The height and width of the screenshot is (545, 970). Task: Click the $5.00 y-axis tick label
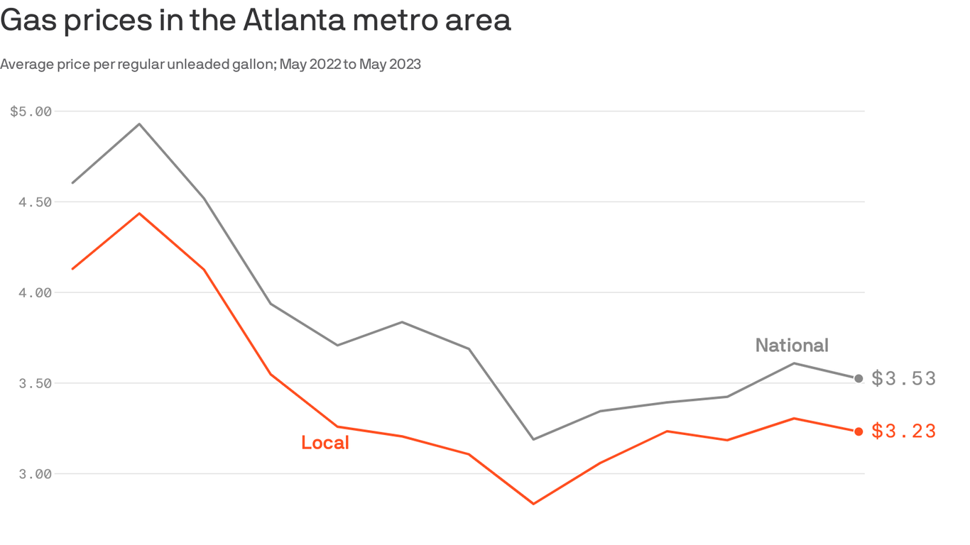(x=31, y=111)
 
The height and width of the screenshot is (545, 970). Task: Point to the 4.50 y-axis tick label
(x=36, y=202)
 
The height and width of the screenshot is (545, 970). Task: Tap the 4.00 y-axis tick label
(x=36, y=292)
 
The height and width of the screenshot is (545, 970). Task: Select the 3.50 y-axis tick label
(x=36, y=383)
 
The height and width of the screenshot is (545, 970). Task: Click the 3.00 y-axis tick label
(x=36, y=474)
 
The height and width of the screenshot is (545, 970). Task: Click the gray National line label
(x=792, y=346)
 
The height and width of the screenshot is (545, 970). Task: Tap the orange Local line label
(x=325, y=443)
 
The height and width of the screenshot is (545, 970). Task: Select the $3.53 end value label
(x=904, y=379)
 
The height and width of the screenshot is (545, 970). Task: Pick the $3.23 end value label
(x=904, y=431)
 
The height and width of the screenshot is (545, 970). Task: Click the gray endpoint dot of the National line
(x=859, y=379)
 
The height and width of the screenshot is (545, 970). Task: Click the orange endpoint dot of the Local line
(x=859, y=431)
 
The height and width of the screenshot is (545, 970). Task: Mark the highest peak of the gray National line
(x=139, y=124)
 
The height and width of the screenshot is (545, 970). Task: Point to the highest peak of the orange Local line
(x=139, y=213)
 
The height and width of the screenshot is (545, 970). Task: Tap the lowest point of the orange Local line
(x=533, y=504)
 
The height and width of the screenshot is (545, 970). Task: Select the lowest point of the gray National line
(x=533, y=439)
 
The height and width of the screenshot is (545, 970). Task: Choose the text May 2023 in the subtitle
(x=390, y=65)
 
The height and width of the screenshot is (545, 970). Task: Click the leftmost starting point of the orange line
(x=73, y=269)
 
